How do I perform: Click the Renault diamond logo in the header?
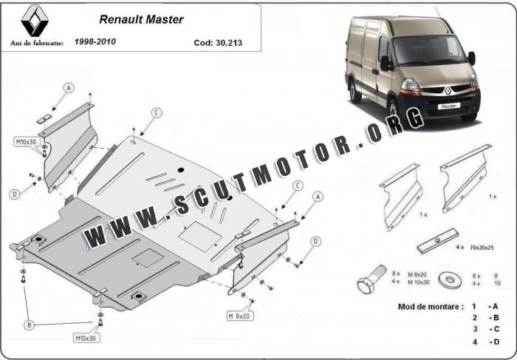pos(32,21)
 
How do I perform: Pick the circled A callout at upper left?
pos(69,87)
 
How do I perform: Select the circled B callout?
pos(30,325)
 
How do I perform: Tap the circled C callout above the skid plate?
pos(157,112)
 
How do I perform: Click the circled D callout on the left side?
pos(15,194)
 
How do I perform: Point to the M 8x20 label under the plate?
pos(240,316)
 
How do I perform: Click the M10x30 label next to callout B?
pos(86,338)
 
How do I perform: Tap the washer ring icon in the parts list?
pos(448,280)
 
